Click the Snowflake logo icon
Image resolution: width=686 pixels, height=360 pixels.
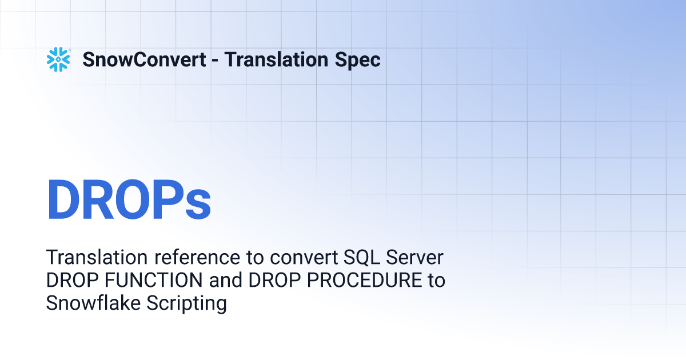pos(58,59)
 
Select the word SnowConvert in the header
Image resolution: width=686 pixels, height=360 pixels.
pos(144,59)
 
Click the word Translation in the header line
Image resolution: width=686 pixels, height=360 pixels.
pos(276,59)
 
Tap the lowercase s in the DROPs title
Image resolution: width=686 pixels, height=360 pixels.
pos(198,204)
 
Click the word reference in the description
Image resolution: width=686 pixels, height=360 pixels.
pos(197,258)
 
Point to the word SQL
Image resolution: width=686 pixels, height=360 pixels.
pos(361,258)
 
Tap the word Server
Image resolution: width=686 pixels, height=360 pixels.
pos(414,258)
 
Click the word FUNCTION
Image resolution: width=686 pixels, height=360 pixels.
pos(153,280)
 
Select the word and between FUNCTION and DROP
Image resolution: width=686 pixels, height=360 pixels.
pos(225,280)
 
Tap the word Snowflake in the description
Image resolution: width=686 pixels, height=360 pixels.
pos(93,303)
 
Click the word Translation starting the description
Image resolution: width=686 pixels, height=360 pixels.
pos(97,258)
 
